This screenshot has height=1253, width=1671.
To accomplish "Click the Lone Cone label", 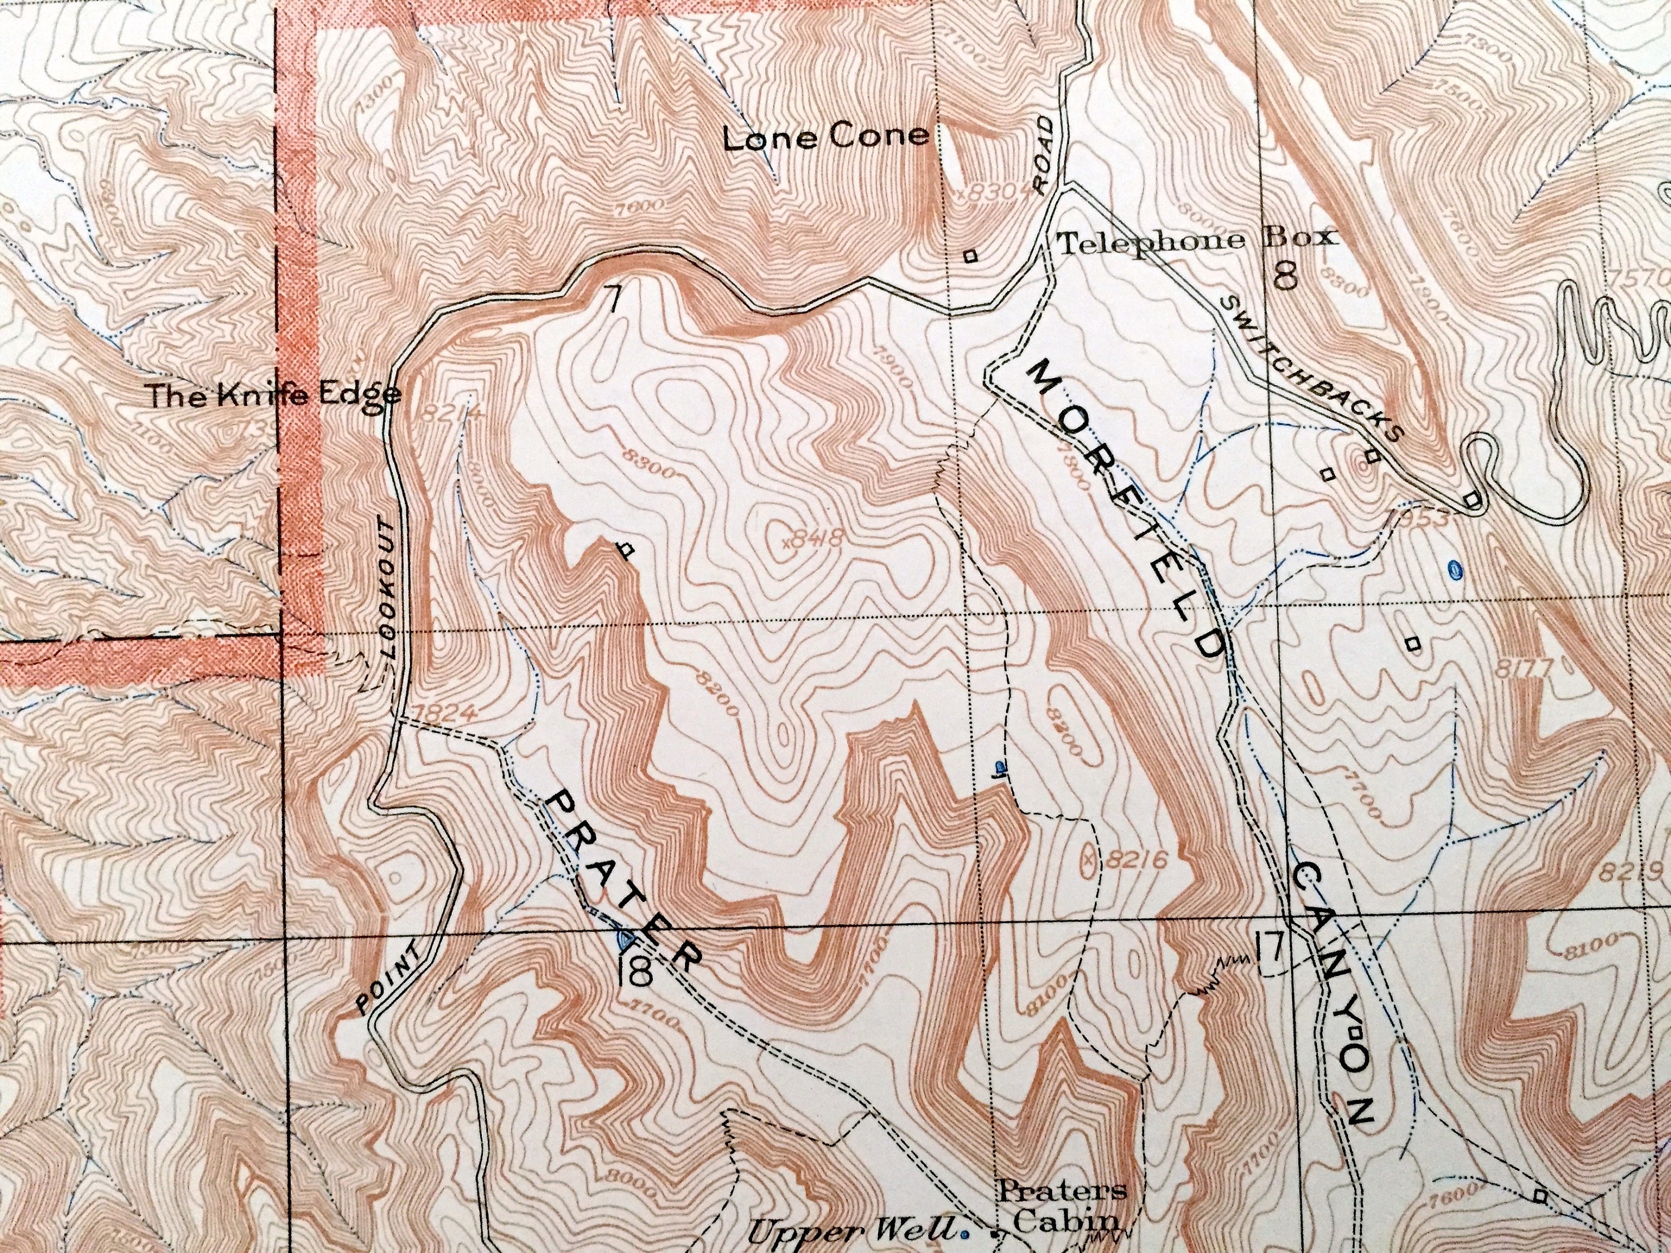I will pos(825,138).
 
